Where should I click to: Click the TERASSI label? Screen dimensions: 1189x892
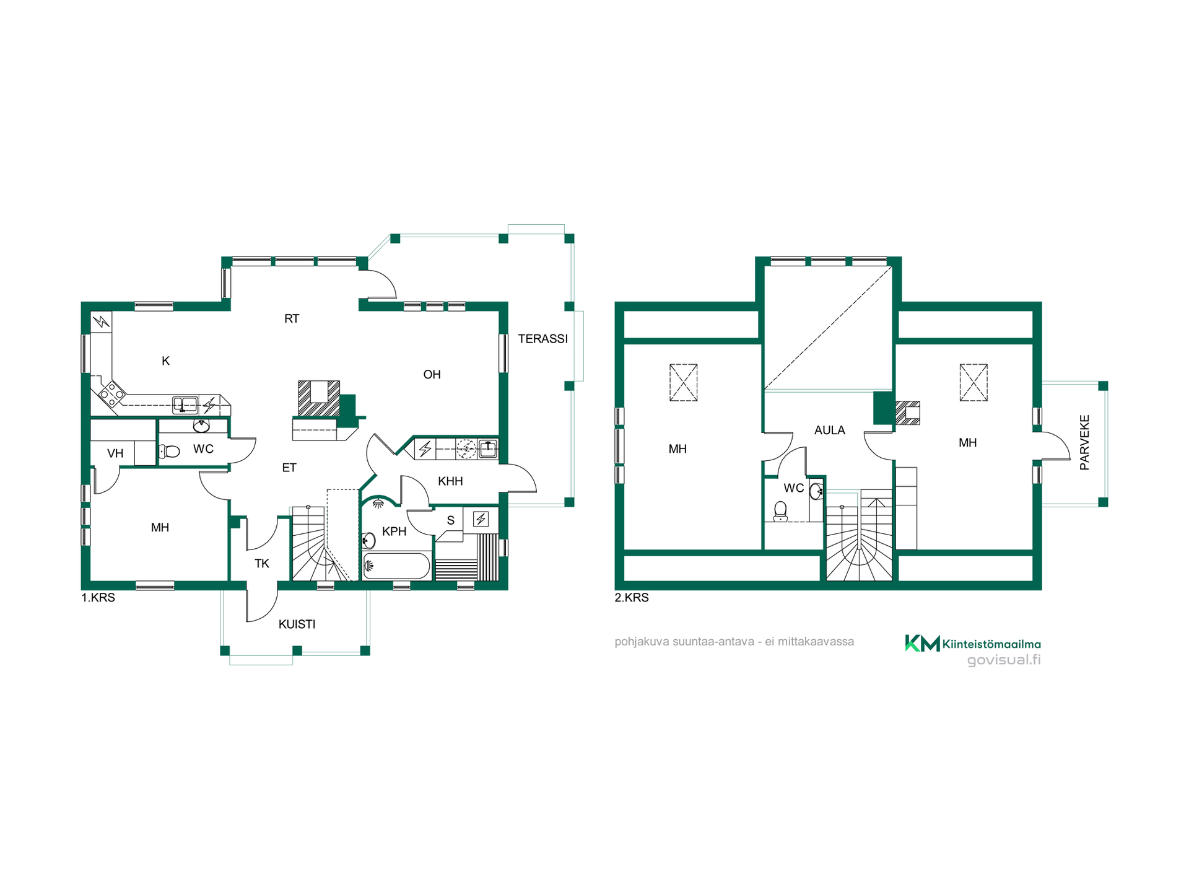pyautogui.click(x=542, y=339)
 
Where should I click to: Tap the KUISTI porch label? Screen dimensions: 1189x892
pyautogui.click(x=297, y=624)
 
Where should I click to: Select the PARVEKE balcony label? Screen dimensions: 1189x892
pyautogui.click(x=1084, y=442)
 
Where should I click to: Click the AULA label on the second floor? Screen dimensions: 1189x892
pyautogui.click(x=829, y=430)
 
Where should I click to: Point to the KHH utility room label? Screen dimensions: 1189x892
pyautogui.click(x=450, y=481)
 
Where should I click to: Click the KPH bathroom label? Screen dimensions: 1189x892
pyautogui.click(x=394, y=531)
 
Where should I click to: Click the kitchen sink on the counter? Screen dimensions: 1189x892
pyautogui.click(x=185, y=405)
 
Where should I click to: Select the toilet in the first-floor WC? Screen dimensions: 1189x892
pyautogui.click(x=169, y=451)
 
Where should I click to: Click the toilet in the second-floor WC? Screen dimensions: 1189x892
pyautogui.click(x=780, y=511)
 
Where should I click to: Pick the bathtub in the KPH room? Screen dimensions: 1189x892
pyautogui.click(x=396, y=566)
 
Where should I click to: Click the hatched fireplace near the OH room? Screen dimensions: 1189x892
pyautogui.click(x=319, y=398)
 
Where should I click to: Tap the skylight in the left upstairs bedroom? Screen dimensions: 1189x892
pyautogui.click(x=684, y=382)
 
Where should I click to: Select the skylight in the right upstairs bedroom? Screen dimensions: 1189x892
pyautogui.click(x=973, y=382)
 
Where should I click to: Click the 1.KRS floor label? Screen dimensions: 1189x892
pyautogui.click(x=98, y=598)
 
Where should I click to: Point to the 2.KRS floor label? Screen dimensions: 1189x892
pyautogui.click(x=632, y=598)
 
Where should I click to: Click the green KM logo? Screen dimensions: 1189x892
pyautogui.click(x=922, y=643)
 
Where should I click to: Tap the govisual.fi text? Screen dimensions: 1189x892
pyautogui.click(x=1004, y=660)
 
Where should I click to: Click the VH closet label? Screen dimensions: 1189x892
pyautogui.click(x=115, y=453)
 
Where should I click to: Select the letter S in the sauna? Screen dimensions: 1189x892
pyautogui.click(x=451, y=521)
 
